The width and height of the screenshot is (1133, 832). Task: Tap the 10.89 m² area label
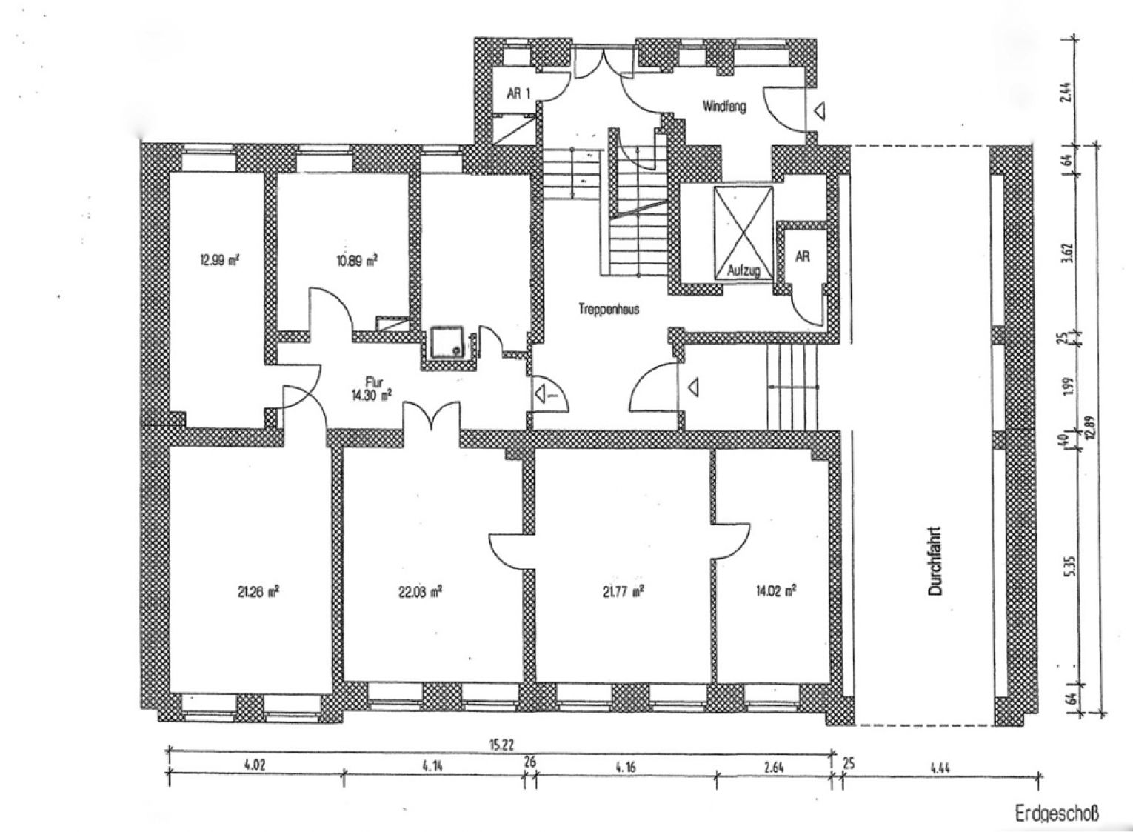357,261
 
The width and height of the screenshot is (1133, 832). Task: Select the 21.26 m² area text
258,592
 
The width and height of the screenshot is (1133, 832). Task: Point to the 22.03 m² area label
421,592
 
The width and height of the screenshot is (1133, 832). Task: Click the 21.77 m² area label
623,591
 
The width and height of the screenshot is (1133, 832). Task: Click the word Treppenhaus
609,309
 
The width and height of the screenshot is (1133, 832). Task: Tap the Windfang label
724,107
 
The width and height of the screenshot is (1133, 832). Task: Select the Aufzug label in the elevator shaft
743,270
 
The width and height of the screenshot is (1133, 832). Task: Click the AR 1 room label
518,93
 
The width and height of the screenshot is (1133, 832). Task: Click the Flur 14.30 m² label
372,389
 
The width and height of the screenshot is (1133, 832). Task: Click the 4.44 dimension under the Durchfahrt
940,768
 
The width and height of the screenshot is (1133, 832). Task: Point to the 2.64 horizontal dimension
774,768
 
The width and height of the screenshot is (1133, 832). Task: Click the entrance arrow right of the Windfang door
820,110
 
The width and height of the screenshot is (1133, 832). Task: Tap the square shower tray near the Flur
447,342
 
